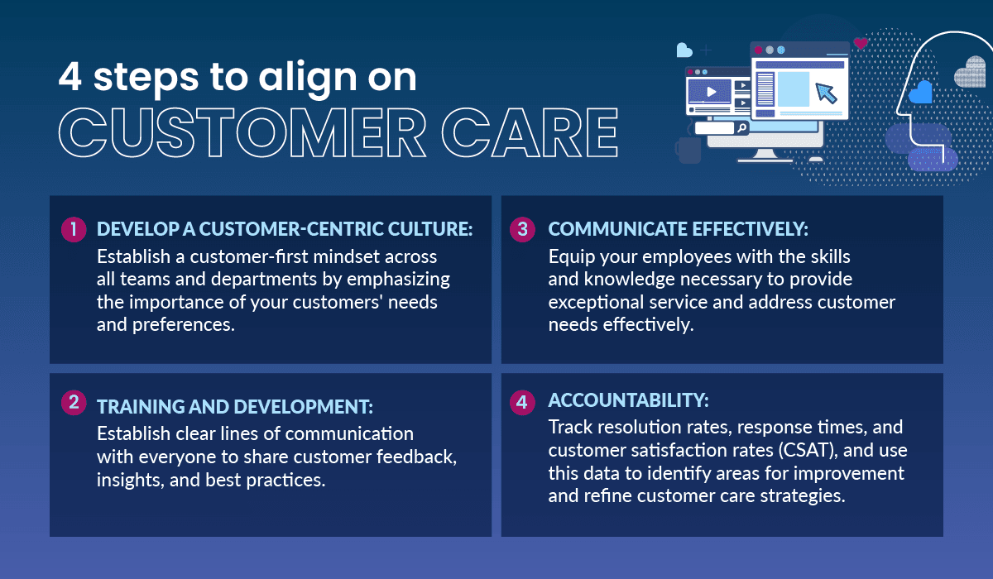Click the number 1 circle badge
[74, 229]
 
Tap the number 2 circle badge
[74, 403]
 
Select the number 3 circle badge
[522, 229]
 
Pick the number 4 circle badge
[522, 403]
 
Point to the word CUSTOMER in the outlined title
[242, 133]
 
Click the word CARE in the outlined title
[530, 133]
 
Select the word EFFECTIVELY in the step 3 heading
[750, 229]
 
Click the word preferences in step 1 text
[184, 325]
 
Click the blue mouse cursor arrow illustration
[826, 93]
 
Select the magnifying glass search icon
[741, 128]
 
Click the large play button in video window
[711, 92]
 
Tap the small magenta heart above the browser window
[861, 43]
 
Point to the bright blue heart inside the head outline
[920, 93]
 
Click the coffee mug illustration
[688, 150]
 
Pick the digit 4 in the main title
[70, 76]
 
